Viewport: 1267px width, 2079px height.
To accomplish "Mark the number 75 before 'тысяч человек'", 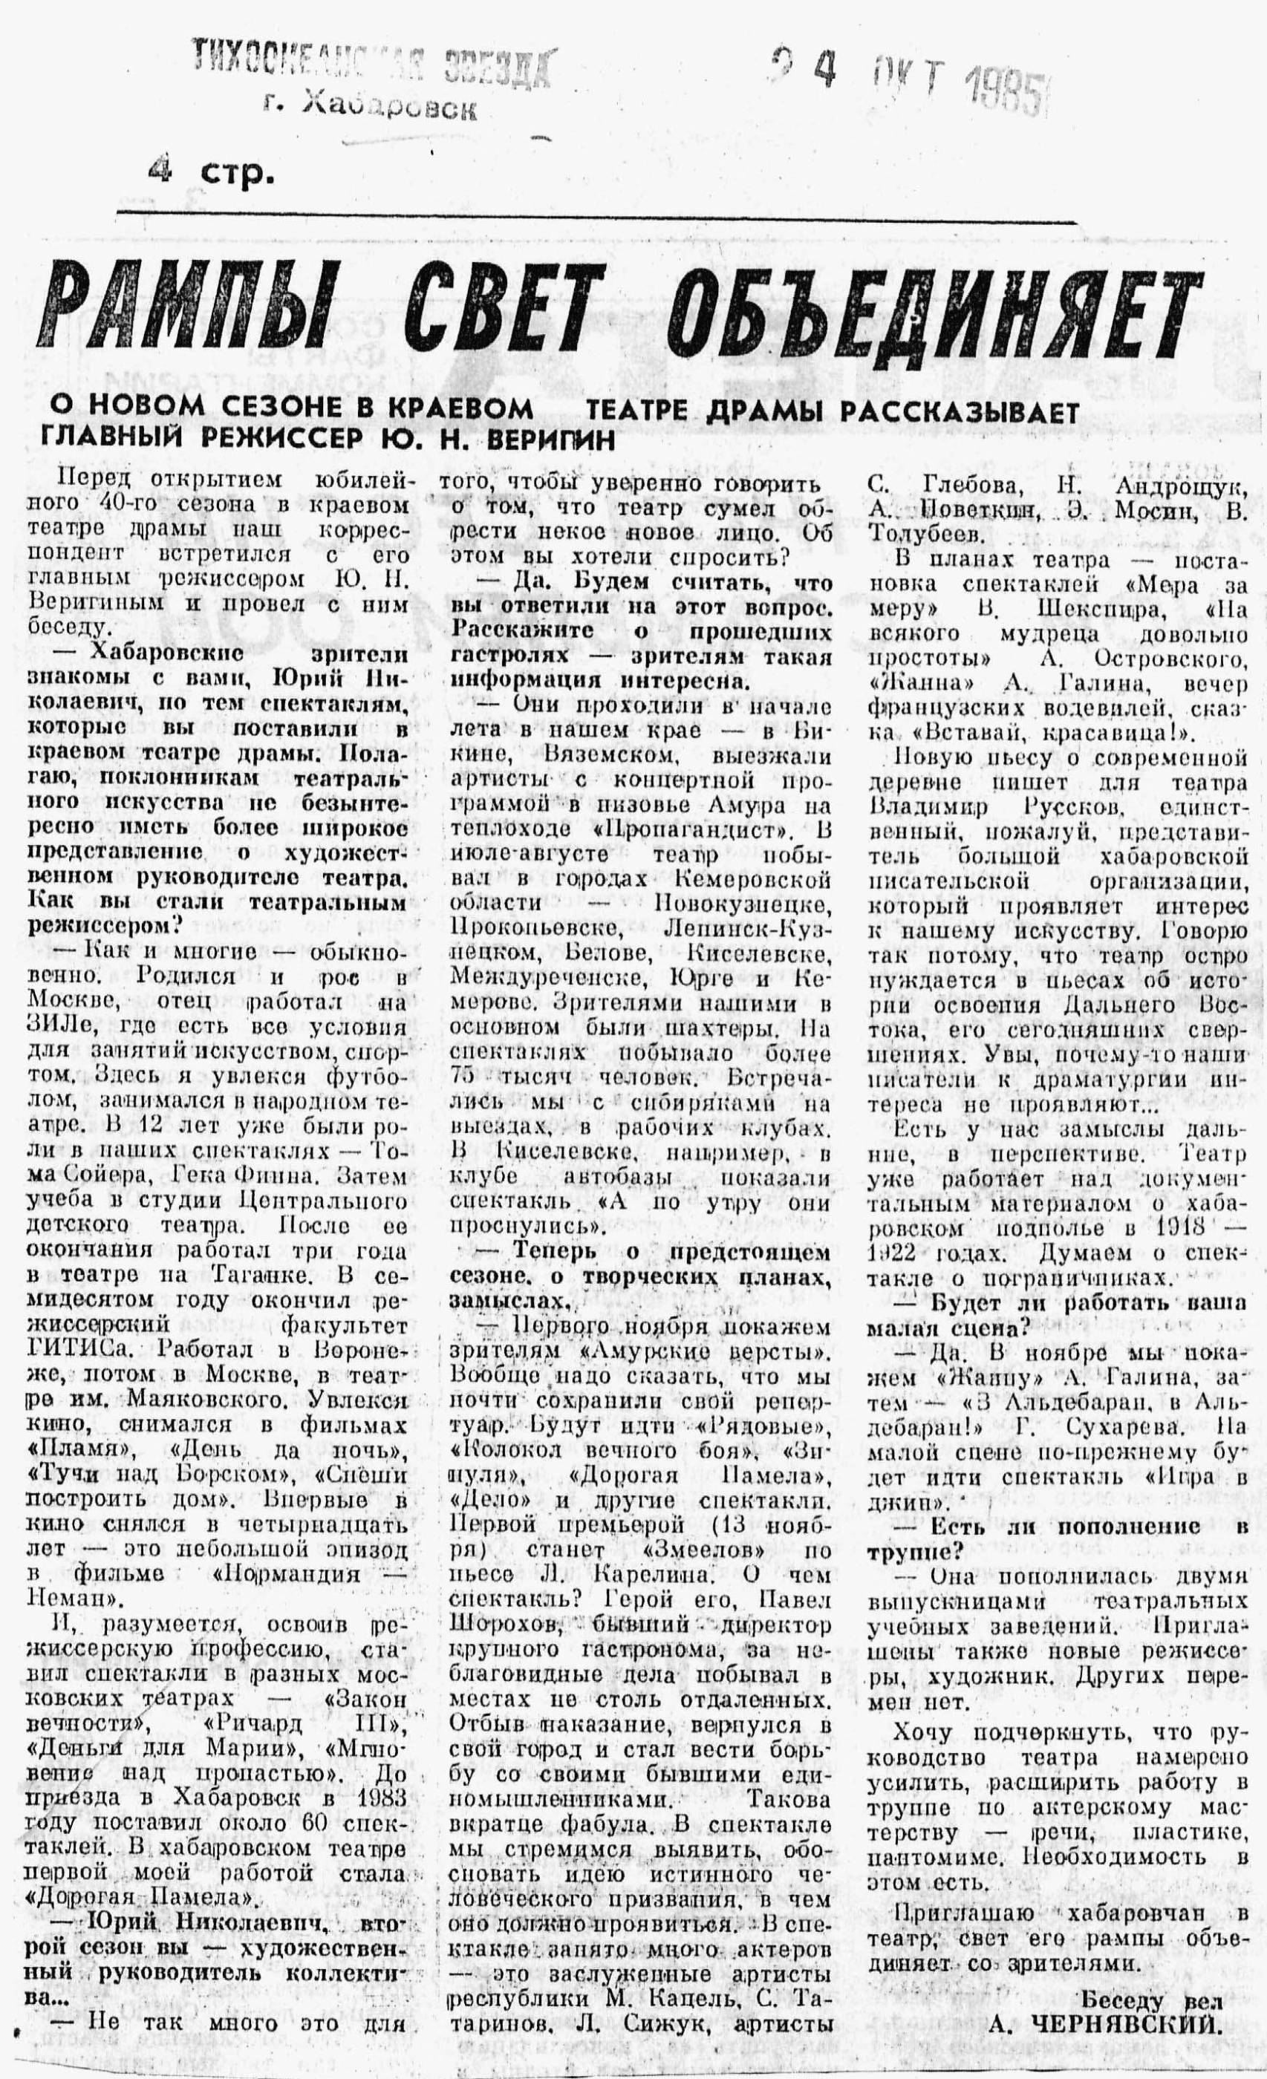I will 468,1078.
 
